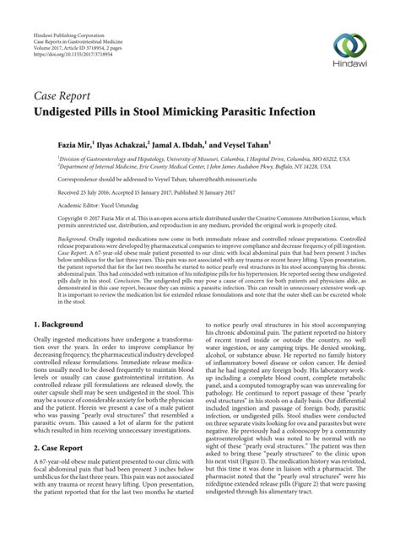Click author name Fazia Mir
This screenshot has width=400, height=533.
[74, 145]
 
